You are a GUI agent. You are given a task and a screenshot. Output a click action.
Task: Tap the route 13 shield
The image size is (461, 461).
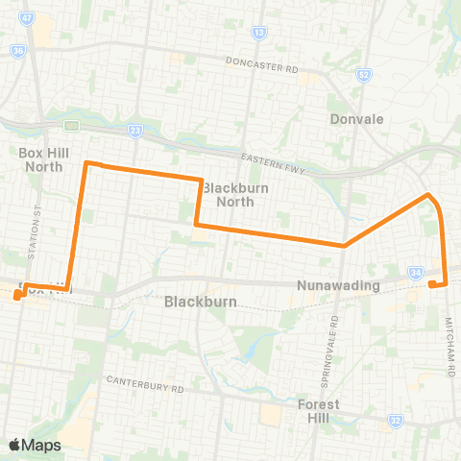(x=259, y=33)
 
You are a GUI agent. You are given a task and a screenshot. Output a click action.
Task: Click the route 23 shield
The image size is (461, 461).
(x=134, y=131)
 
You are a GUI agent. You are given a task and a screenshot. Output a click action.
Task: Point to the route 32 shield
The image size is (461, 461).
(x=396, y=420)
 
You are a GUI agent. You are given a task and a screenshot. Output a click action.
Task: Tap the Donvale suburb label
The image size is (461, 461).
(x=356, y=120)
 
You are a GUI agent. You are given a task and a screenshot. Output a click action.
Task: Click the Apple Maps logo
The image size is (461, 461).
(x=35, y=445)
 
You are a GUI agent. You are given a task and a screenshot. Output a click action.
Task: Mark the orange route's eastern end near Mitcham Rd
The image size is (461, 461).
(x=433, y=284)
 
